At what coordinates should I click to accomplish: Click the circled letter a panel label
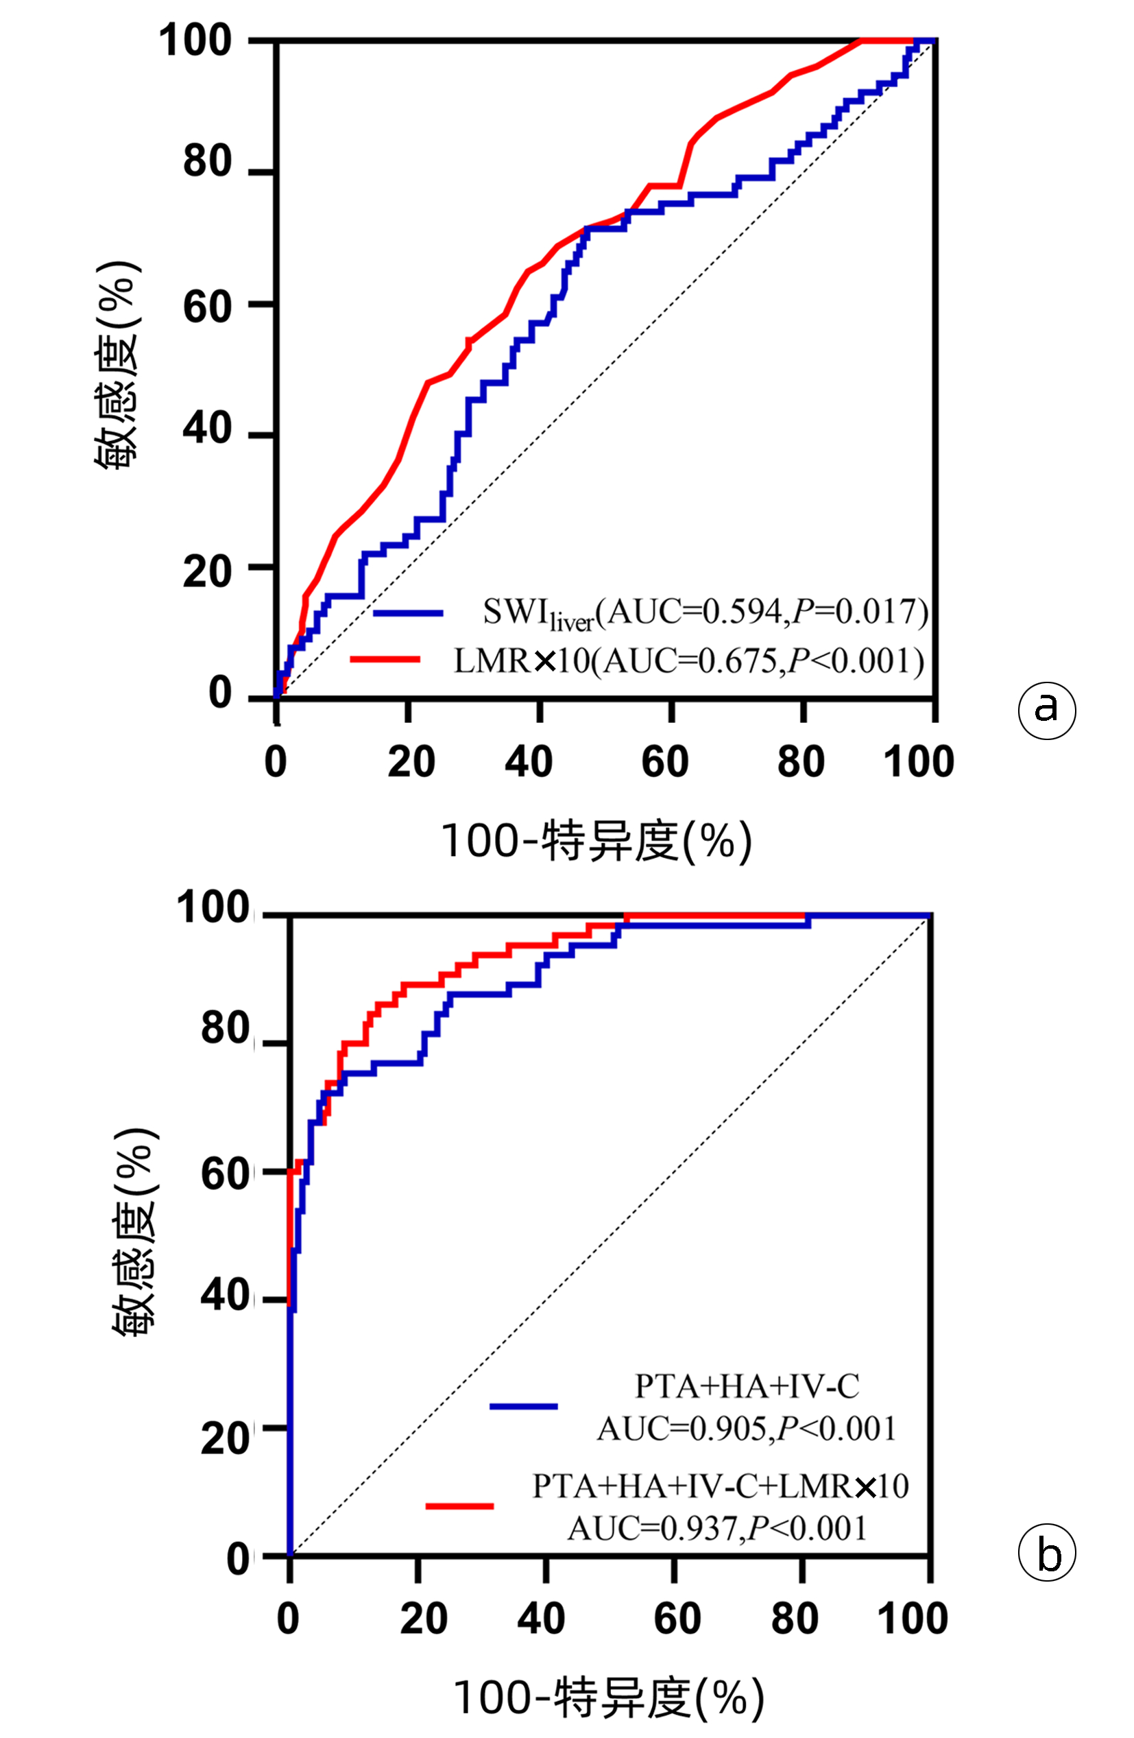coord(1046,710)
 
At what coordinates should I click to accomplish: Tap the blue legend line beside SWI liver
coord(408,612)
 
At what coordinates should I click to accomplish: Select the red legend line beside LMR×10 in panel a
coord(385,659)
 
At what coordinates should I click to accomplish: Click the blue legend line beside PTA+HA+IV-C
coord(523,1406)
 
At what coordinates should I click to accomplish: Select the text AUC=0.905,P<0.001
coord(746,1429)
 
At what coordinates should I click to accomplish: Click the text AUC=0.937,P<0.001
coord(717,1527)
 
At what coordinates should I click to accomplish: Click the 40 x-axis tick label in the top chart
coord(529,761)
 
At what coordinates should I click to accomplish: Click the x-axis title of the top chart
coord(596,842)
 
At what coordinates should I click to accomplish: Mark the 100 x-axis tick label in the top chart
coord(919,761)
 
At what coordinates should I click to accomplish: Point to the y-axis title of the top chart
coord(117,365)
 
